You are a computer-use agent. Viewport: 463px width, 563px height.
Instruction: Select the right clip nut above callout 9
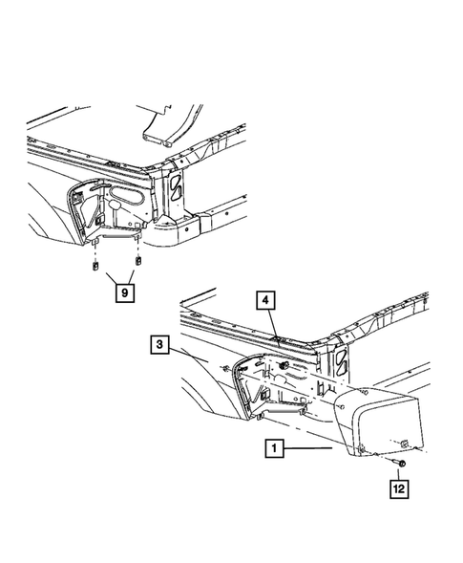coord(139,257)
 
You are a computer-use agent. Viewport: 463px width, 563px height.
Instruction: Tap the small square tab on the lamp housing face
coord(405,442)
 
